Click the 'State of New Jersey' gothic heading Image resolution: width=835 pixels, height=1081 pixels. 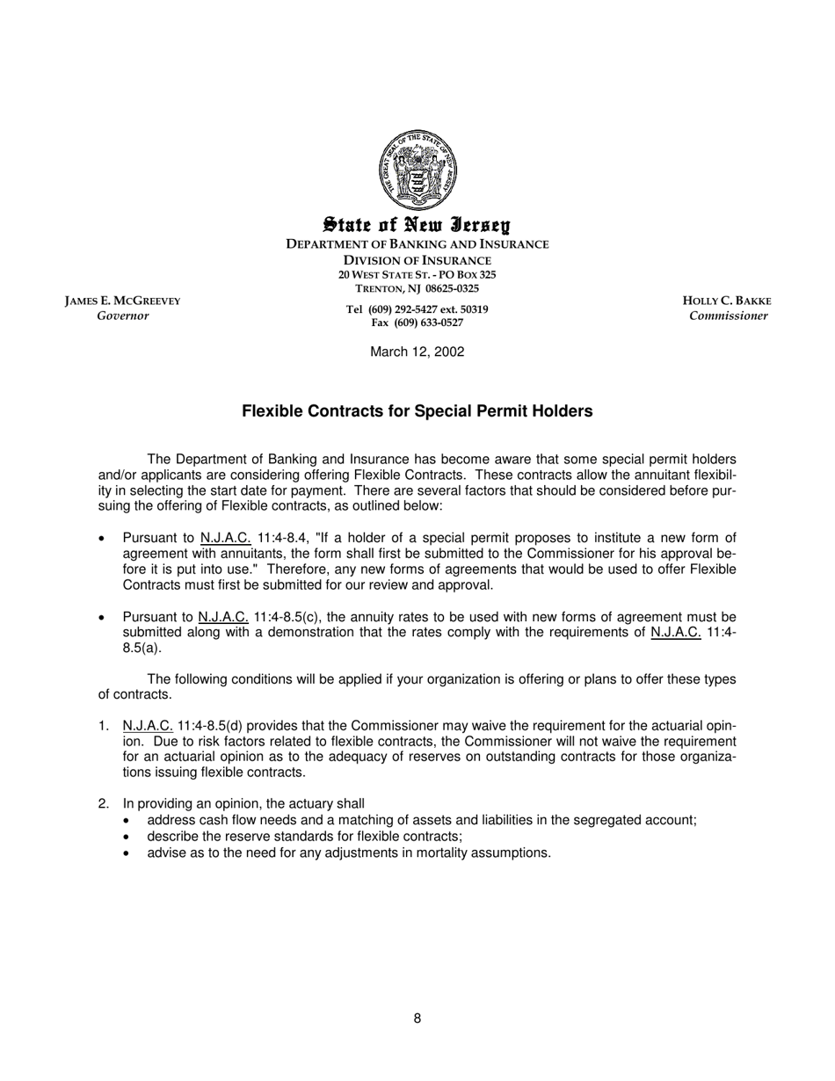417,224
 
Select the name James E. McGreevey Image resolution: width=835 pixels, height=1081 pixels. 122,301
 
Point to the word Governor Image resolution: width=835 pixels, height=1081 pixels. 122,316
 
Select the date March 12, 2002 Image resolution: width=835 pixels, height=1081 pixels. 417,352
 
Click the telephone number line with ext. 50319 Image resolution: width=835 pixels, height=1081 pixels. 417,309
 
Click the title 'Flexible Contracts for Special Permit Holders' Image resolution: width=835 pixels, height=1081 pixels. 417,411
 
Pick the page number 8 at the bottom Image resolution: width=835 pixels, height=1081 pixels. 417,1019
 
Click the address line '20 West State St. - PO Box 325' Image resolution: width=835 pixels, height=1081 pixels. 417,275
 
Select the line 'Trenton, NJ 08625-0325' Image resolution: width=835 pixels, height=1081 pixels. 417,288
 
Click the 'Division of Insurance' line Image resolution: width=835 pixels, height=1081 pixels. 417,260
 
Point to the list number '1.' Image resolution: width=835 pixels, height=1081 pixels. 104,726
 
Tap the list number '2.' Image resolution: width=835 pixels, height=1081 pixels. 104,803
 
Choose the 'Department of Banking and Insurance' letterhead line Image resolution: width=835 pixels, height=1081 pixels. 417,244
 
